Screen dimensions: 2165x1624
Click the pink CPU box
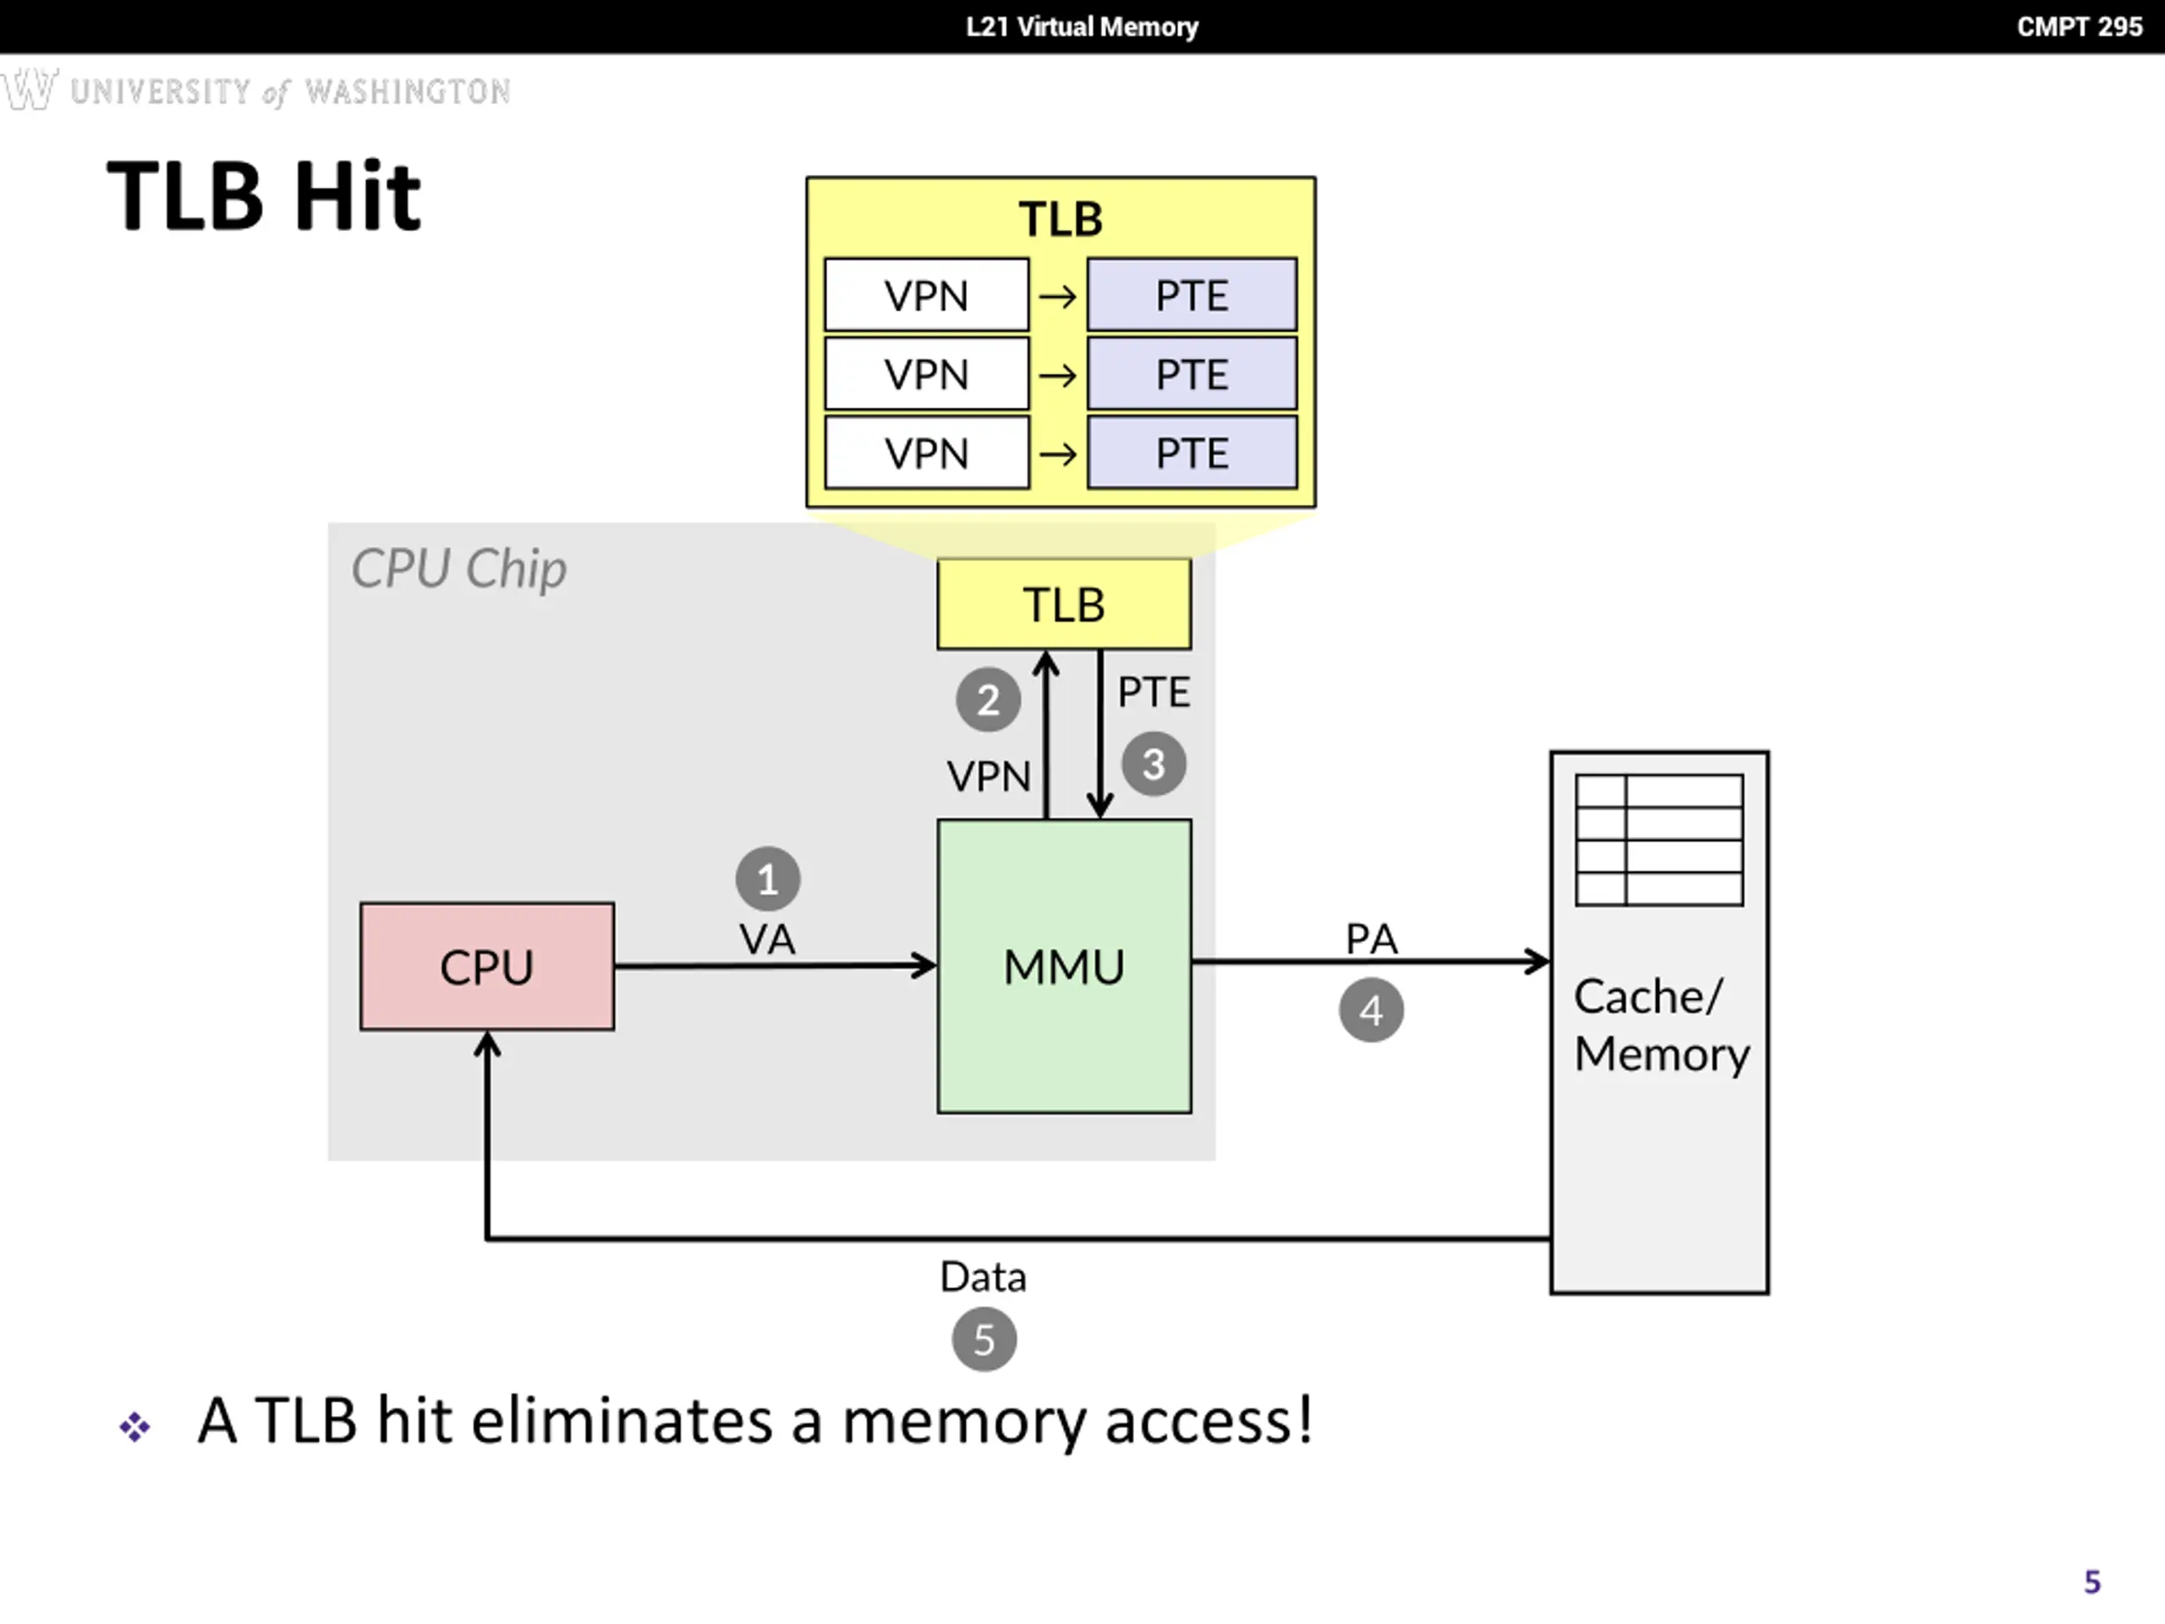click(x=487, y=966)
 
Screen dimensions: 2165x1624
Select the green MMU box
click(x=1065, y=966)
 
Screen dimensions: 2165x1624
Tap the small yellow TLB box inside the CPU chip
click(x=1064, y=604)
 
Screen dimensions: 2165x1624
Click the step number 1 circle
click(x=768, y=879)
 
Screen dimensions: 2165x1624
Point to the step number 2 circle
click(x=989, y=700)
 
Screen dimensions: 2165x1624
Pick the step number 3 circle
click(x=1154, y=765)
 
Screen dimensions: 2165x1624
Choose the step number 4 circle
click(x=1371, y=1010)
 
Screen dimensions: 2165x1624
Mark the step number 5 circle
click(x=984, y=1339)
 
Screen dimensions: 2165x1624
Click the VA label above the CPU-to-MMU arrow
click(x=767, y=940)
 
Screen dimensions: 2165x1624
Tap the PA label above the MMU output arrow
click(x=1371, y=939)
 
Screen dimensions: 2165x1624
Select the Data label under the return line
click(x=984, y=1277)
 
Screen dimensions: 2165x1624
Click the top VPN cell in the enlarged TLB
click(x=927, y=294)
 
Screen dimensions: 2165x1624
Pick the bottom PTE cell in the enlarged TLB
click(x=1192, y=453)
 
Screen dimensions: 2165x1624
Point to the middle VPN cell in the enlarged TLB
click(x=927, y=374)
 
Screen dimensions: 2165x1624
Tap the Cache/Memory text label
click(x=1661, y=1025)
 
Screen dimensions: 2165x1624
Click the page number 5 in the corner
click(x=2092, y=1582)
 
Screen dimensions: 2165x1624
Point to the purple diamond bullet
click(x=135, y=1426)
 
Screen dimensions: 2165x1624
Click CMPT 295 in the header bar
click(x=2080, y=26)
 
